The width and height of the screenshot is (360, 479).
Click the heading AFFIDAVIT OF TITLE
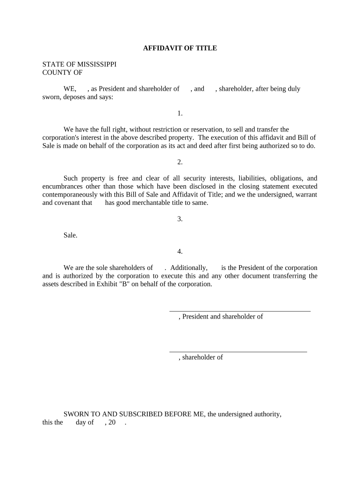[180, 48]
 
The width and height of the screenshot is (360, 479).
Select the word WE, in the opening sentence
[70, 88]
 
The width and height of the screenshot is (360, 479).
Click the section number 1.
[180, 113]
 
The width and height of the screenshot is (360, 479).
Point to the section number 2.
[180, 162]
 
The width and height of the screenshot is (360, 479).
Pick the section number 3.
[180, 219]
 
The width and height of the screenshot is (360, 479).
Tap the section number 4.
[180, 251]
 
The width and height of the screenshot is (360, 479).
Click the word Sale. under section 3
[70, 235]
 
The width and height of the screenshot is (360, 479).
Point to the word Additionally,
[189, 268]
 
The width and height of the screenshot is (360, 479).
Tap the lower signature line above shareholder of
[238, 351]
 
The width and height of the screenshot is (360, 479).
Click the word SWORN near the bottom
[76, 414]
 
